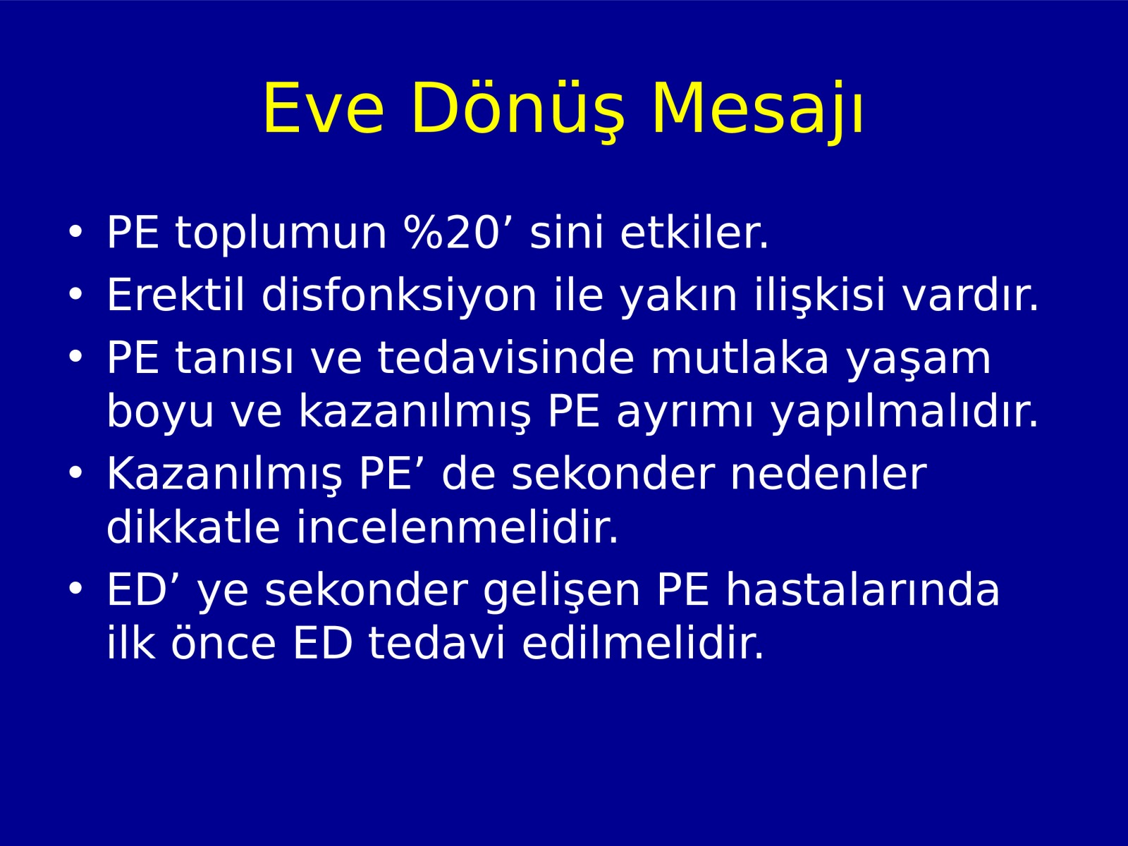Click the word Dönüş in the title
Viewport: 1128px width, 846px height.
point(517,109)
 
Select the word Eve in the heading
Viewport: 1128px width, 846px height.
point(323,109)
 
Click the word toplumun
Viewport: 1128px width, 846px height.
point(281,234)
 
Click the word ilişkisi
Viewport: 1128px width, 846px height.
point(820,296)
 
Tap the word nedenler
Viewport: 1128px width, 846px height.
point(828,474)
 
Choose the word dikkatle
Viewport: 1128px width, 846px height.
point(193,527)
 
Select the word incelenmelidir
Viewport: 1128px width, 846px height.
point(458,527)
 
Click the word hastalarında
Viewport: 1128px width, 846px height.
point(863,589)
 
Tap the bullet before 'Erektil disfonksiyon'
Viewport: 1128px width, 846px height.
point(75,294)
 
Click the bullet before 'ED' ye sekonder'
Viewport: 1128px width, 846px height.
point(75,589)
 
